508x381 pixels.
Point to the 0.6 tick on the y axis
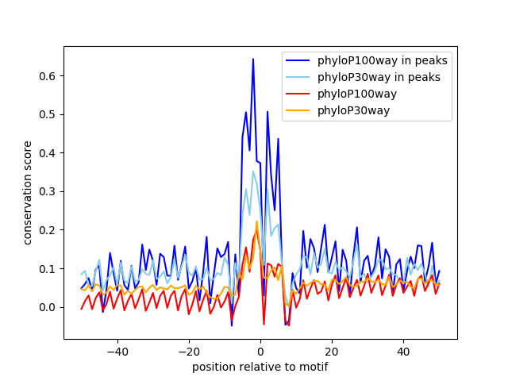point(49,76)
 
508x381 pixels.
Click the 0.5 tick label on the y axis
point(49,114)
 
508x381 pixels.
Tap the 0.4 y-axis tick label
point(49,153)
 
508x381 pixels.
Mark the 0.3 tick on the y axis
point(49,191)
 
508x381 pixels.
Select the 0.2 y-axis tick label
point(49,230)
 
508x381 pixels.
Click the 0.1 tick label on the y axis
point(49,268)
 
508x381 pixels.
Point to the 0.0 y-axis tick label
point(49,307)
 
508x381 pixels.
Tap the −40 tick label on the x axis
point(117,351)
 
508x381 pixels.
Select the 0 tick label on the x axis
point(260,351)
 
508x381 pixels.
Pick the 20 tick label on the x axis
point(332,351)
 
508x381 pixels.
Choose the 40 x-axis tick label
point(403,351)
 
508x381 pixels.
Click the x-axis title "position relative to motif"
point(260,367)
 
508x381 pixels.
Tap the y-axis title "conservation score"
point(28,193)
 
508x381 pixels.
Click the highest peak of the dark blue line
point(253,59)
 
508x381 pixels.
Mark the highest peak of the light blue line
point(253,171)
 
